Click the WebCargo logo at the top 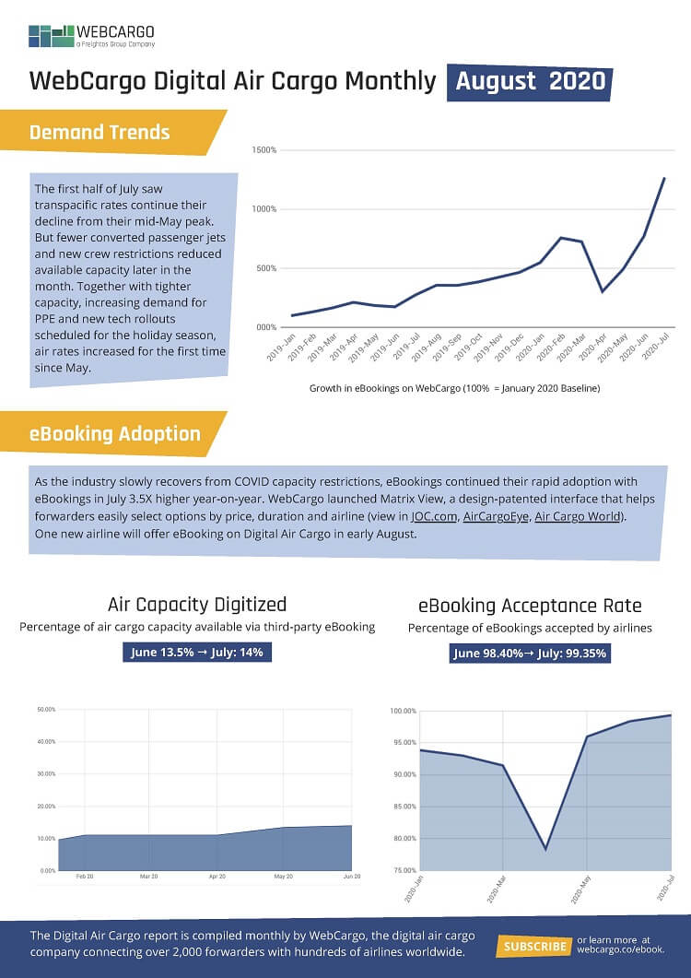(x=92, y=36)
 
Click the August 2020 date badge (x=530, y=81)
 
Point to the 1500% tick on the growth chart (x=264, y=150)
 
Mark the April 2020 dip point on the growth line (x=603, y=292)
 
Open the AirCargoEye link (x=496, y=516)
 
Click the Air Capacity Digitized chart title (x=197, y=605)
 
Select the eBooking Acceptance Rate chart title (x=530, y=606)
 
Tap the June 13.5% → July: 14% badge (x=197, y=653)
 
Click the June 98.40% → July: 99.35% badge (x=530, y=654)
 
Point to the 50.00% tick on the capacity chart (x=45, y=709)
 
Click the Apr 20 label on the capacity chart (x=217, y=878)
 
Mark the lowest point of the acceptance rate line (x=545, y=849)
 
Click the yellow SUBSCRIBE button (x=534, y=947)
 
